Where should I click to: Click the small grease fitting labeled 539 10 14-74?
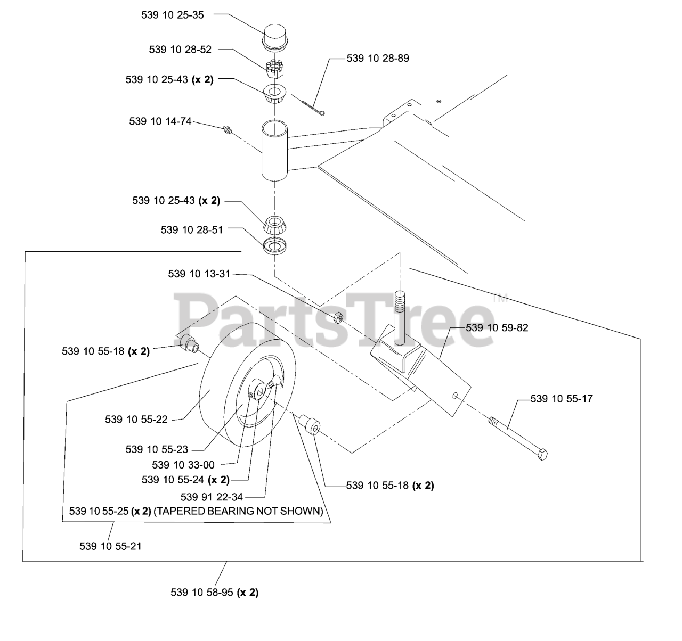click(229, 129)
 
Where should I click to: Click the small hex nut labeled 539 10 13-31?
click(337, 318)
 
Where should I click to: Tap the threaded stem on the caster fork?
click(399, 315)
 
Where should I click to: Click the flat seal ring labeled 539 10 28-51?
click(274, 246)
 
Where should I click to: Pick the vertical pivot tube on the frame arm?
click(275, 150)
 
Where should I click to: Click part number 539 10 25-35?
click(172, 15)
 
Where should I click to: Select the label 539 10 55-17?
click(562, 398)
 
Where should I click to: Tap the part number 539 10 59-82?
click(497, 328)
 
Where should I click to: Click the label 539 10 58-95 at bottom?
click(214, 592)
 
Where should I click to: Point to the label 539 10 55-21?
click(110, 546)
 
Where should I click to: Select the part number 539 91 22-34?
click(212, 497)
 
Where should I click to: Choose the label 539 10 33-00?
click(183, 465)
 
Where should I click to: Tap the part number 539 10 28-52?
click(180, 50)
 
